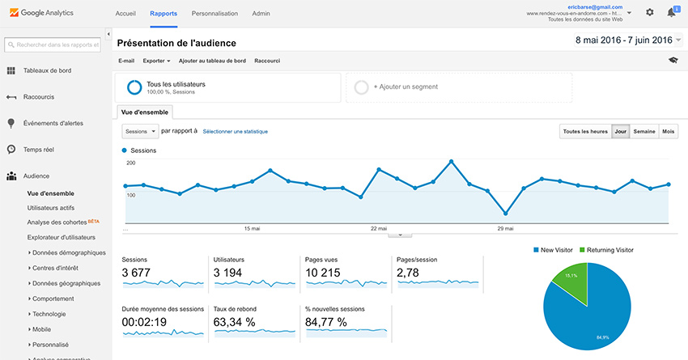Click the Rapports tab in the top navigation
(164, 14)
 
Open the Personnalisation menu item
(214, 14)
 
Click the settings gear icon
(650, 12)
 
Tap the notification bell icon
(672, 12)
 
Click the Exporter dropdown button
(156, 61)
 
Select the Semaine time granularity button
(644, 131)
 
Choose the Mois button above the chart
(669, 131)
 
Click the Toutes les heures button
(584, 131)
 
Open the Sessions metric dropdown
(139, 131)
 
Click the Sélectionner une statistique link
(235, 131)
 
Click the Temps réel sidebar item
(39, 150)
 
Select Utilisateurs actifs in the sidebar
(51, 208)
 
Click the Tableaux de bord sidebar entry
(48, 70)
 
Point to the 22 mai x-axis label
(379, 229)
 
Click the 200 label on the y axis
(130, 163)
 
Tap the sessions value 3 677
(136, 273)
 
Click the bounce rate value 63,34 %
(234, 322)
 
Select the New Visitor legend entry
(554, 250)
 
